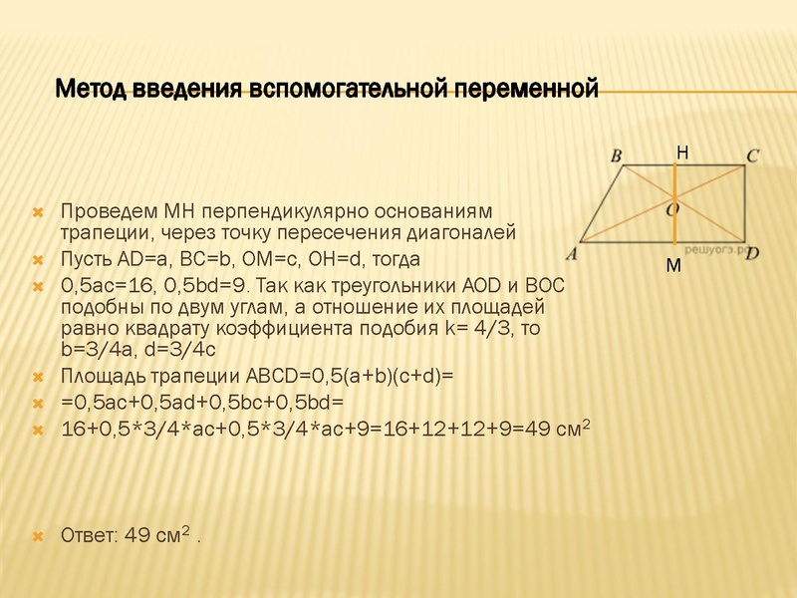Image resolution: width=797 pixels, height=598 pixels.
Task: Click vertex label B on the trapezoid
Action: point(616,156)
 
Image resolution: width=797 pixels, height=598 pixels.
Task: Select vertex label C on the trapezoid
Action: point(753,155)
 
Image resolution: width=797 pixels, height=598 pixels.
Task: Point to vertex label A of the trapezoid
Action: point(572,253)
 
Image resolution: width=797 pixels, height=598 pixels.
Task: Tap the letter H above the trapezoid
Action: point(681,152)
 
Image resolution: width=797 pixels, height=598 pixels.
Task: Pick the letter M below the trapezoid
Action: point(673,268)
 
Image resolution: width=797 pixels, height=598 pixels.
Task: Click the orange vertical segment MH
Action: point(676,229)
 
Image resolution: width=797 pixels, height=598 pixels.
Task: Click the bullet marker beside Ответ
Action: point(37,536)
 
